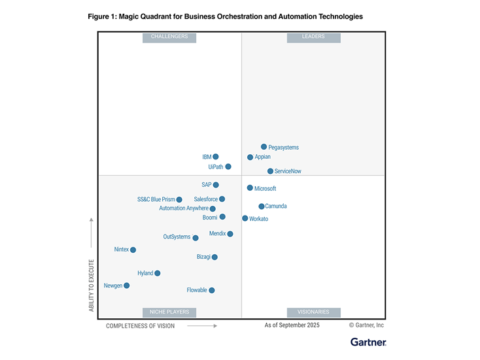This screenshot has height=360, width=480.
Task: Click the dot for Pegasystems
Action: point(264,147)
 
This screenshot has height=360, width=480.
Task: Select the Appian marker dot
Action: point(250,157)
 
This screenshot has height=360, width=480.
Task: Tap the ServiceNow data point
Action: point(270,171)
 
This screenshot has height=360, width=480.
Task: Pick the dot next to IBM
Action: point(216,157)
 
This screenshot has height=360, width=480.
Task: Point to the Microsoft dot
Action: point(250,188)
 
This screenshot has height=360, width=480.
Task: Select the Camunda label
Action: point(276,206)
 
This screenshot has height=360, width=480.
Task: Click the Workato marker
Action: point(245,218)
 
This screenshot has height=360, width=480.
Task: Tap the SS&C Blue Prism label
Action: point(156,200)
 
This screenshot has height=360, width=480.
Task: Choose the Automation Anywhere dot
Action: point(213,209)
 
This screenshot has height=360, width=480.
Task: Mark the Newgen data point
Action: point(127,286)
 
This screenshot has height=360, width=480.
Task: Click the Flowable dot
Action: point(212,290)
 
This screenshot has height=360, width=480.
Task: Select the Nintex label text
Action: point(122,250)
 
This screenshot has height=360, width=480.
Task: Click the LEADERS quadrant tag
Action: point(314,37)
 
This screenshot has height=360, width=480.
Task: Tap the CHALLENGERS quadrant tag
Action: point(169,37)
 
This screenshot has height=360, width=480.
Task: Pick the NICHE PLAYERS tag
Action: point(169,312)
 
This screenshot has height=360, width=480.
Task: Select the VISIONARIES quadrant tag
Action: point(314,312)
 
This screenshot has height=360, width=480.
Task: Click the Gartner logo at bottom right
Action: point(368,342)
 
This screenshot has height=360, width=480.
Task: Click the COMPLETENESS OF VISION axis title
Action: point(140,325)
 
